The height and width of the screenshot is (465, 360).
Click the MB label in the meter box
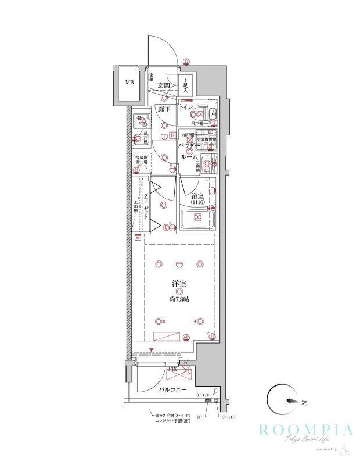[x=129, y=82]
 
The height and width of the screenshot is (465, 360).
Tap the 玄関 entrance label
[x=164, y=85]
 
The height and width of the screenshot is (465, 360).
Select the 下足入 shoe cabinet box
[x=186, y=85]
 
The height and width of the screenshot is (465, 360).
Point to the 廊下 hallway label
[x=163, y=109]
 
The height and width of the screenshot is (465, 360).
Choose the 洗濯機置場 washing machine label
[x=206, y=140]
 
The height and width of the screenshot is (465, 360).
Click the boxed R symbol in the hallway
[x=172, y=135]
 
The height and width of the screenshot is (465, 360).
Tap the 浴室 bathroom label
[x=197, y=195]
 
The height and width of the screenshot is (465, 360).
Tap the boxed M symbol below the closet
[x=138, y=238]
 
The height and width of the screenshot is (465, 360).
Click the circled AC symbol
[x=186, y=337]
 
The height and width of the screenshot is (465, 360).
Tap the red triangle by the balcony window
[x=152, y=350]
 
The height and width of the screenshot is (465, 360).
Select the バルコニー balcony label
[x=172, y=389]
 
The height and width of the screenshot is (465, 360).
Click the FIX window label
[x=172, y=369]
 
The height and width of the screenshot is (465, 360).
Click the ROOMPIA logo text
[x=305, y=431]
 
